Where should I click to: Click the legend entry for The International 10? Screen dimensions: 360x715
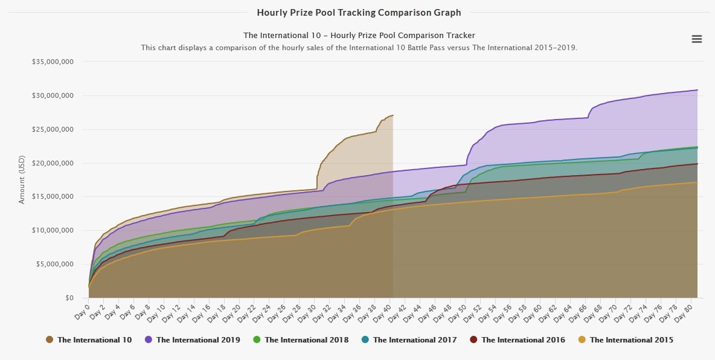coord(89,340)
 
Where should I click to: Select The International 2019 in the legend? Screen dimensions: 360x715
coord(192,340)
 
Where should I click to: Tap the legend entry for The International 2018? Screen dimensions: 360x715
coord(300,340)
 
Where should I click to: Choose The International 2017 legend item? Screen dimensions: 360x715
coord(409,340)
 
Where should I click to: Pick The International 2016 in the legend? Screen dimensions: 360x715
coord(518,340)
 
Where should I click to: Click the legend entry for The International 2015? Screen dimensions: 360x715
coord(626,340)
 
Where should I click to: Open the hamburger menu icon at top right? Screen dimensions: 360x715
coord(696,39)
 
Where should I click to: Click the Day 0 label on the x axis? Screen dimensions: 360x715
coord(82,309)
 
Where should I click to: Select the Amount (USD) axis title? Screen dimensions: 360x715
coord(22,179)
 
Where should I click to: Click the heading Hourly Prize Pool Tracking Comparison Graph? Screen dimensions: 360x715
coord(359,12)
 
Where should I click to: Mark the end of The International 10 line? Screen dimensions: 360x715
coord(393,115)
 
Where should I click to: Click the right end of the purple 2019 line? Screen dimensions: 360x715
coord(697,90)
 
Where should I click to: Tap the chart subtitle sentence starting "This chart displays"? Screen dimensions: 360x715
coord(359,47)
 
